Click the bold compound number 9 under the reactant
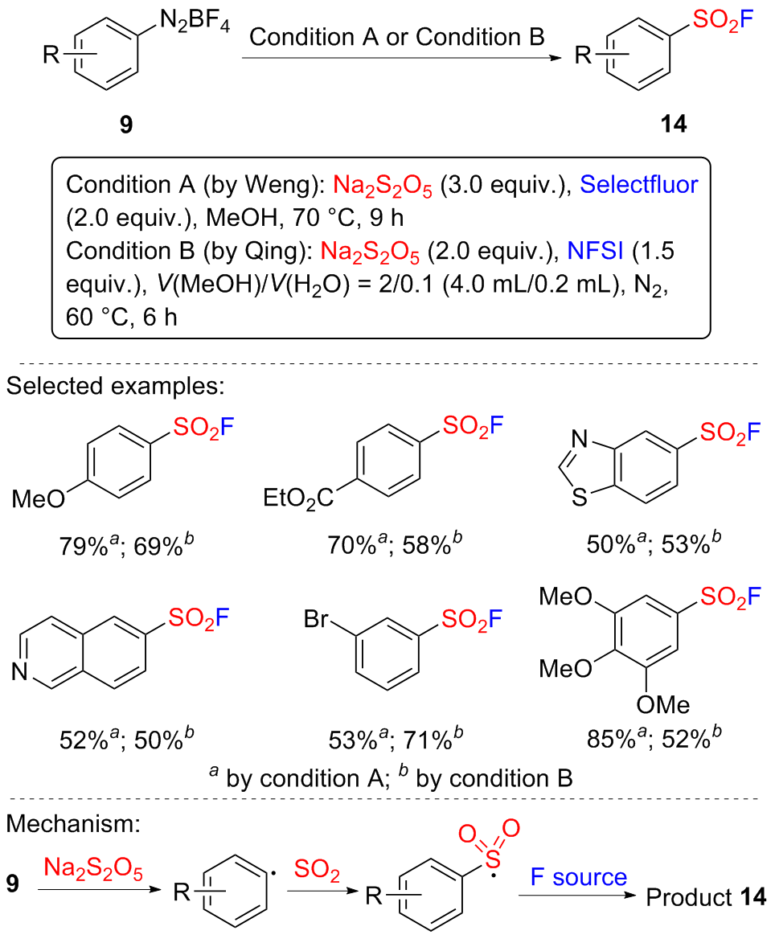pos(126,125)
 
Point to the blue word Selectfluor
pos(639,184)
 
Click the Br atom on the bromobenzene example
pos(318,620)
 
